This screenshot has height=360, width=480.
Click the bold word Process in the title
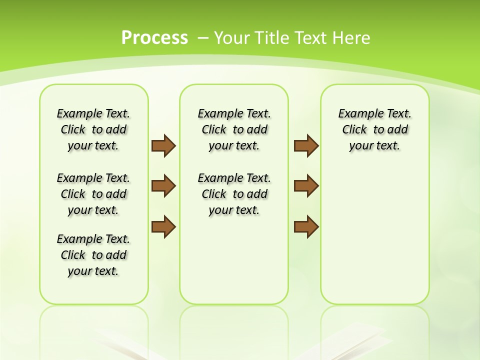[x=154, y=37]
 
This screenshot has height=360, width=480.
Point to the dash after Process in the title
[x=203, y=38]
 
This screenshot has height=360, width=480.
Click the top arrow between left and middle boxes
[x=163, y=145]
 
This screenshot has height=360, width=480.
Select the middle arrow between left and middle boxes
[x=163, y=186]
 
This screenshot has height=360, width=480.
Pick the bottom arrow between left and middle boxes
[x=163, y=227]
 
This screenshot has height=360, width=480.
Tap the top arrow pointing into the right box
[x=306, y=145]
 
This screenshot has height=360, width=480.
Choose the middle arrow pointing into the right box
[x=306, y=186]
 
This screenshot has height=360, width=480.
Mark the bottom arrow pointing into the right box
[x=306, y=227]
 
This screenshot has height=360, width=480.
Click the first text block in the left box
[x=93, y=129]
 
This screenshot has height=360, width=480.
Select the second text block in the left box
[x=93, y=194]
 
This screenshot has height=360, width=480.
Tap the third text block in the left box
[x=93, y=255]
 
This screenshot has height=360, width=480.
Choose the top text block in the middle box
[x=234, y=129]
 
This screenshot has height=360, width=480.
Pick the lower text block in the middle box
[x=234, y=194]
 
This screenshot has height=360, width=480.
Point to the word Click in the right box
[x=354, y=130]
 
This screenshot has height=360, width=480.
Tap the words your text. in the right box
[x=374, y=146]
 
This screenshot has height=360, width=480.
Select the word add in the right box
[x=398, y=130]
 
